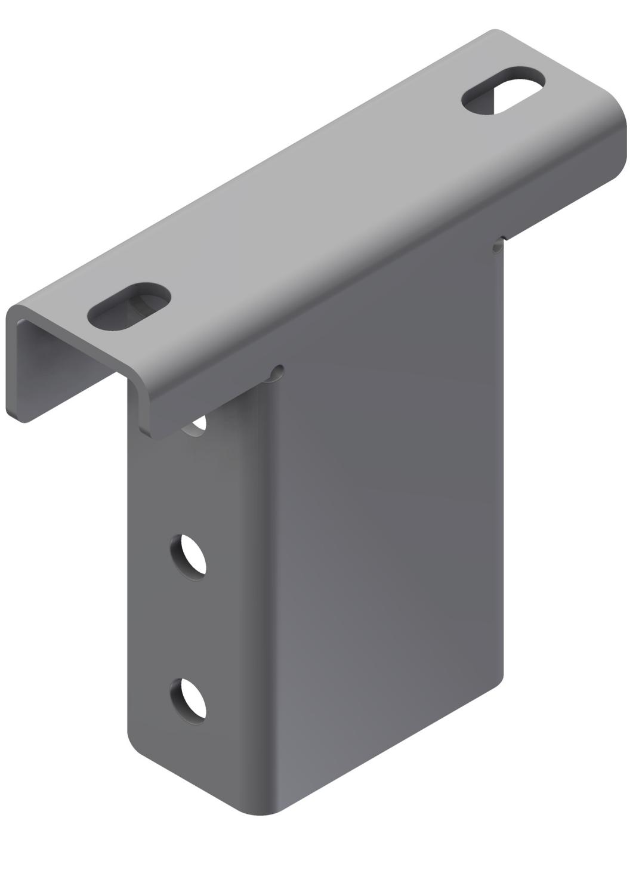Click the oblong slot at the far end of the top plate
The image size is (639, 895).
(x=504, y=91)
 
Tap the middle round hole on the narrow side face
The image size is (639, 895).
(x=188, y=555)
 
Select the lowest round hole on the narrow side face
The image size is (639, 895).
(x=188, y=700)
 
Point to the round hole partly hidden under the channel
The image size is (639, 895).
(x=196, y=425)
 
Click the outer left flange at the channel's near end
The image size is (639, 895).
(x=17, y=370)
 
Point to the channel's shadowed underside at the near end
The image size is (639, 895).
(x=72, y=358)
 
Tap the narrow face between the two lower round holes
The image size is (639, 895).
(x=188, y=626)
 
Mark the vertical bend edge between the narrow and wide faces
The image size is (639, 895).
(x=273, y=597)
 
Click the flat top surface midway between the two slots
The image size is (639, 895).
(x=316, y=203)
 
